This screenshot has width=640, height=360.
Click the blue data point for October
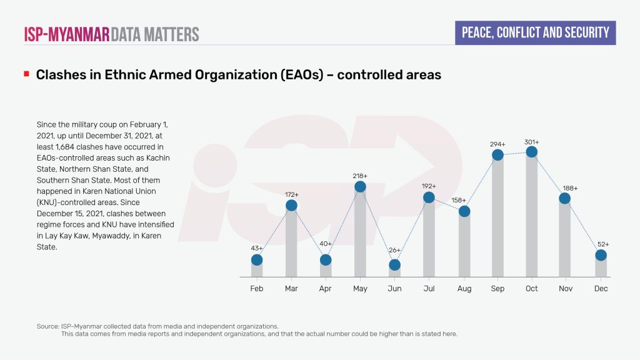(532, 152)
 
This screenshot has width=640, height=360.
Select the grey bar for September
(497, 219)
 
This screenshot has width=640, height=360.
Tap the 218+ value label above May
(360, 176)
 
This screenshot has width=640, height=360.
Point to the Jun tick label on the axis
(394, 289)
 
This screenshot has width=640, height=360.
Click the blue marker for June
(394, 265)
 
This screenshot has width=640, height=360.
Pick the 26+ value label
(394, 251)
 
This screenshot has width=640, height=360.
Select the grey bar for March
(291, 244)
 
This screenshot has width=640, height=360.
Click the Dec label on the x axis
(601, 289)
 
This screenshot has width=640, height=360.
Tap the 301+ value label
(532, 142)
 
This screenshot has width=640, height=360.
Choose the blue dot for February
(257, 260)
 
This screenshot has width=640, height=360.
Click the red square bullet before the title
(26, 74)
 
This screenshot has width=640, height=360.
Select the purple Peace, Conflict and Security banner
(535, 32)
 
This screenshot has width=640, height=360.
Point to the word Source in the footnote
(48, 326)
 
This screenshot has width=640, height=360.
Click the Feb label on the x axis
(257, 289)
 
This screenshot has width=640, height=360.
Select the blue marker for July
(429, 197)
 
